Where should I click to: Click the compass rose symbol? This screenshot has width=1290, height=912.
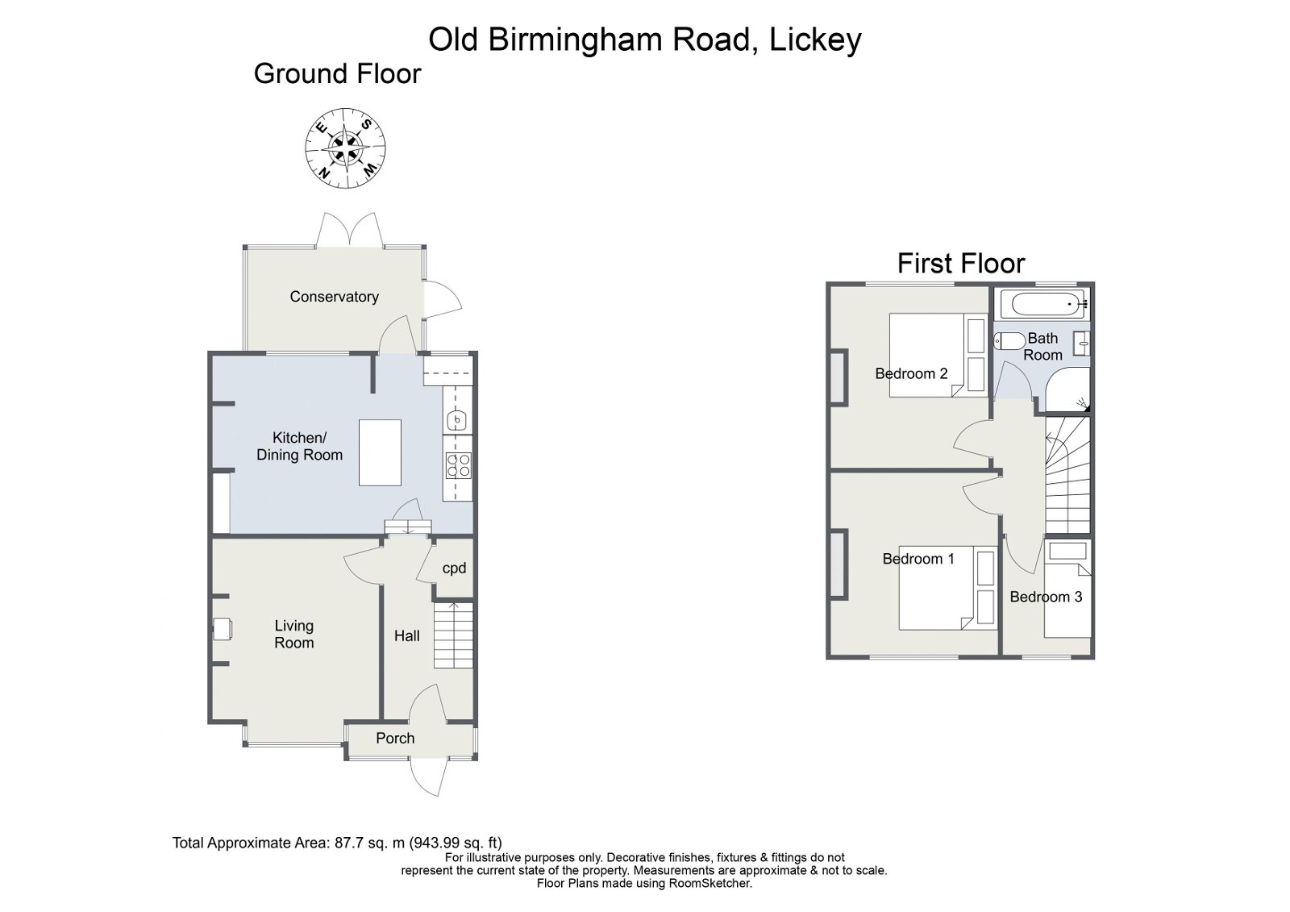tap(345, 148)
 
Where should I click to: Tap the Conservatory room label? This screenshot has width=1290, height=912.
tap(334, 297)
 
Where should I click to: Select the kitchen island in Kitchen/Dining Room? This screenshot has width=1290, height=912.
tap(380, 452)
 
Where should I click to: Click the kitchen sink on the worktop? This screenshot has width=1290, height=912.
tap(457, 421)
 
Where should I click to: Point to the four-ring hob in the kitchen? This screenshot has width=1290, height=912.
tap(458, 466)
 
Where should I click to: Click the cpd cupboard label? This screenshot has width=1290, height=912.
tap(454, 568)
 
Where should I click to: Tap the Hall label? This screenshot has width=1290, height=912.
tap(406, 635)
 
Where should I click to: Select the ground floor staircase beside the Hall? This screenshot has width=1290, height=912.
tap(453, 635)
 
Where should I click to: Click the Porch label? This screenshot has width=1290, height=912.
tap(395, 738)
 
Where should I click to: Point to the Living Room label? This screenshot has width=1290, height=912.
tap(293, 634)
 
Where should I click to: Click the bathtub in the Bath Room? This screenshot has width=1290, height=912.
tap(1043, 305)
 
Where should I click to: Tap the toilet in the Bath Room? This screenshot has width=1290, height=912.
tap(1009, 341)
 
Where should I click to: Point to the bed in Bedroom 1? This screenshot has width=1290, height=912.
tap(947, 589)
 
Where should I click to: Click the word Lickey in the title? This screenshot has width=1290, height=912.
tap(815, 39)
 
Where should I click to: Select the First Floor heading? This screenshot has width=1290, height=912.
tap(960, 263)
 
